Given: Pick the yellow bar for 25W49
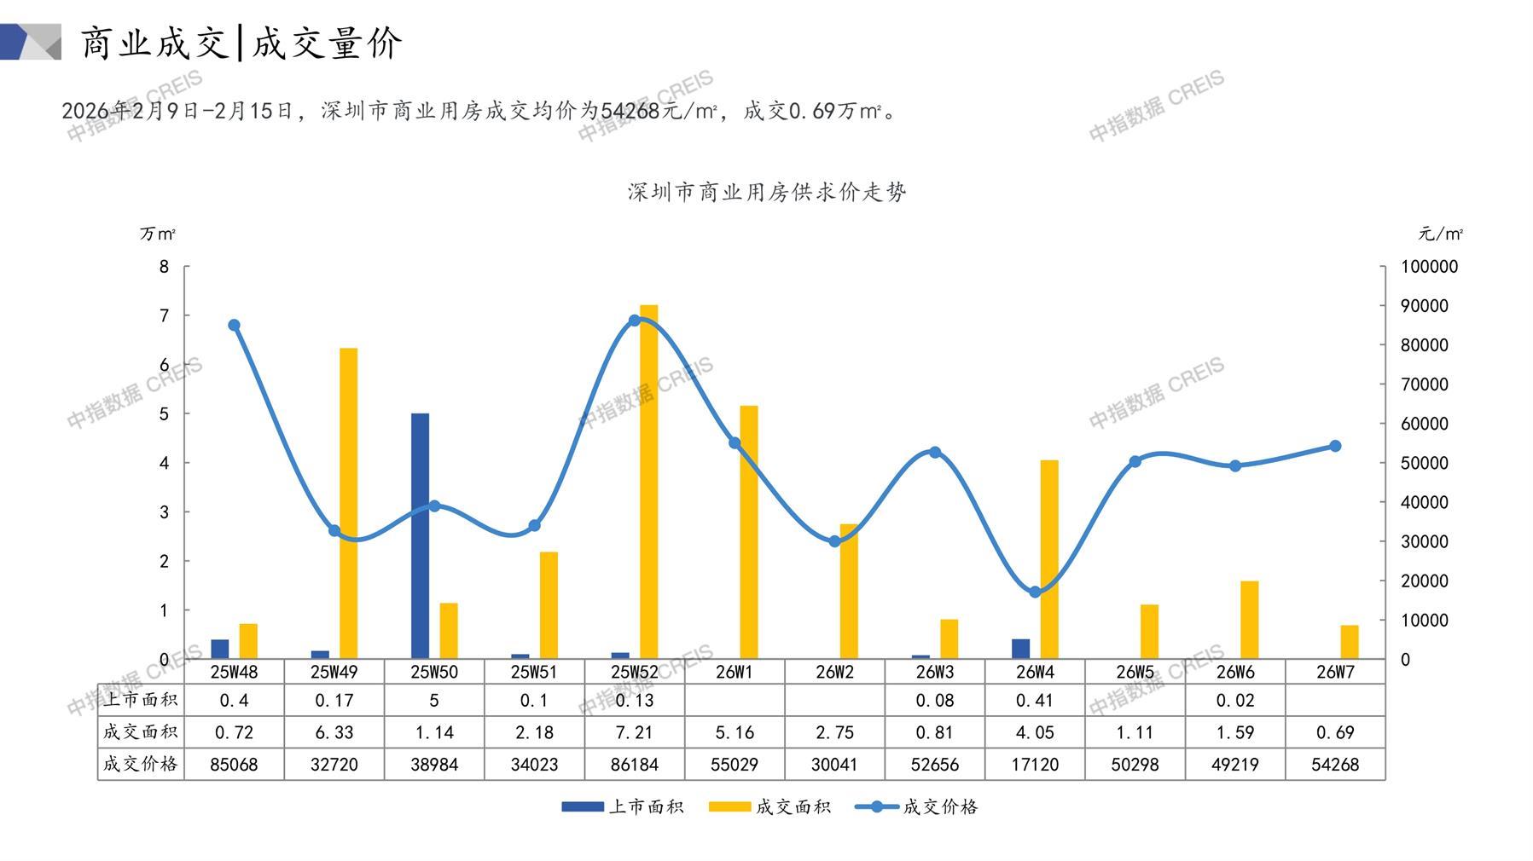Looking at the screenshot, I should pyautogui.click(x=348, y=503).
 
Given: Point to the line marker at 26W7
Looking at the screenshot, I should pyautogui.click(x=1335, y=446).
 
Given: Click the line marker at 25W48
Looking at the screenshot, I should pyautogui.click(x=235, y=325).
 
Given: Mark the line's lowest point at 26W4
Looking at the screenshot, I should pyautogui.click(x=1035, y=592).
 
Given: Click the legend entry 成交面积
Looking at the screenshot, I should pyautogui.click(x=771, y=806).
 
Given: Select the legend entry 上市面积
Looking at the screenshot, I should pyautogui.click(x=624, y=806).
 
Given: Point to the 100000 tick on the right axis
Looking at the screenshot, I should pyautogui.click(x=1429, y=267).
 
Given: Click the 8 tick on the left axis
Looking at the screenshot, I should pyautogui.click(x=165, y=267).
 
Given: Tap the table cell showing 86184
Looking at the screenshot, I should pyautogui.click(x=634, y=765).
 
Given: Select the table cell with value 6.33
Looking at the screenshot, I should pyautogui.click(x=334, y=732).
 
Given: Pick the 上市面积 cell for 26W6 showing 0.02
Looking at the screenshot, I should pyautogui.click(x=1234, y=700).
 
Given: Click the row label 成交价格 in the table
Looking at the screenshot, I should pyautogui.click(x=141, y=764).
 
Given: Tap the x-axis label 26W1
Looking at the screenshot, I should pyautogui.click(x=735, y=672).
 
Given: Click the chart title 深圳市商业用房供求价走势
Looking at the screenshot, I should pyautogui.click(x=766, y=192).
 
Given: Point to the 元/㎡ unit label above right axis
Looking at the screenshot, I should pyautogui.click(x=1440, y=234).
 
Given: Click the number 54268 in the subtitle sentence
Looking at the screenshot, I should pyautogui.click(x=630, y=111).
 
